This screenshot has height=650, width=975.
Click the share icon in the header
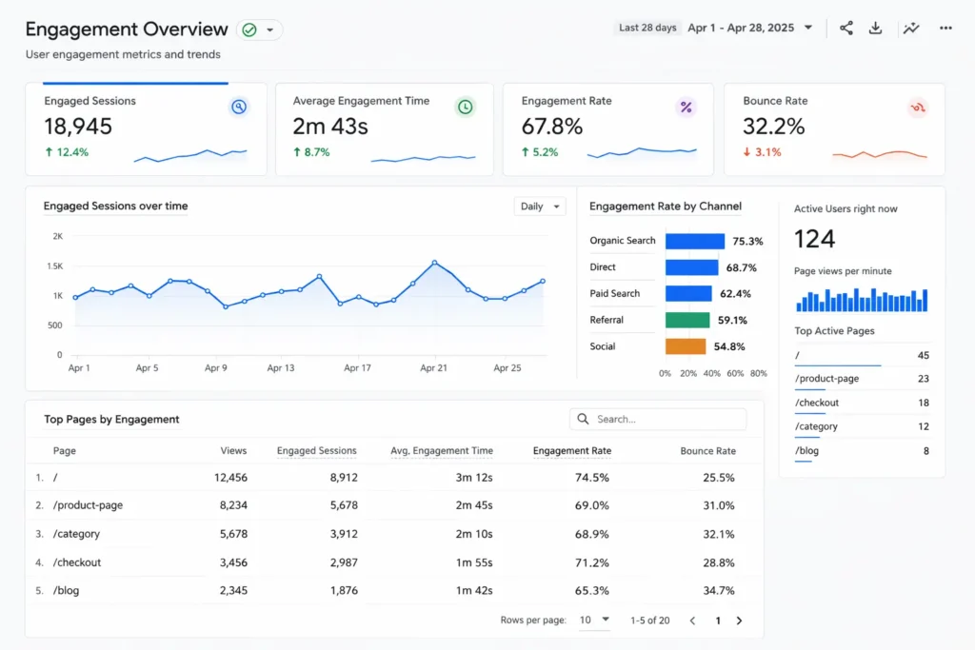coord(846,29)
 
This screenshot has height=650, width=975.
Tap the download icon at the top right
coord(875,29)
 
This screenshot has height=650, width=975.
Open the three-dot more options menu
coord(945,29)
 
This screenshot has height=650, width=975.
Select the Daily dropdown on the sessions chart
coord(539,207)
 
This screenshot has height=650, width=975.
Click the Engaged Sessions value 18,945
coord(78,127)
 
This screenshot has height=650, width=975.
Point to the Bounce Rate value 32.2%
coord(773,127)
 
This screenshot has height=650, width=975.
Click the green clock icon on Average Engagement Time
coord(465,108)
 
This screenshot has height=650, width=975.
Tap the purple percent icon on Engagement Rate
coord(686,108)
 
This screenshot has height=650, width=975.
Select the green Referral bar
coord(687,321)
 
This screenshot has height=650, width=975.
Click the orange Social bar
coord(686,347)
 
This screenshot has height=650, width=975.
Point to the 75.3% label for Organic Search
coord(747,242)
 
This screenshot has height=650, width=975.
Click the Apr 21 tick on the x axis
coord(434,368)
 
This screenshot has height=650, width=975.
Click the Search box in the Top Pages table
coord(658,419)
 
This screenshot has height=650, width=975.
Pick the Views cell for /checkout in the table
coord(233,562)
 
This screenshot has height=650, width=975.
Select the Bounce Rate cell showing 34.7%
coord(720,591)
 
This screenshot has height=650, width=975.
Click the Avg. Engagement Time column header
coord(442,451)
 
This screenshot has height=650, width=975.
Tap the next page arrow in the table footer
coord(739,620)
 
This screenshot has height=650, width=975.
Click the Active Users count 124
coord(814,239)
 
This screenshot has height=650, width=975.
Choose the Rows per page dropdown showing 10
coord(592,620)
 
